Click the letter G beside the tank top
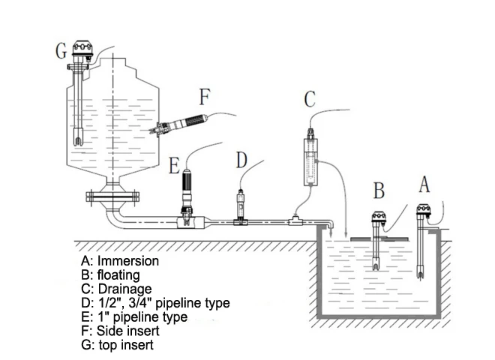[x=61, y=51]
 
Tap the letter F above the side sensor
[x=205, y=97]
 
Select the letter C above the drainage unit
[x=310, y=99]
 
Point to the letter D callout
[x=241, y=160]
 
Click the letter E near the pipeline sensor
[x=174, y=166]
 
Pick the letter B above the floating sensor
[x=379, y=190]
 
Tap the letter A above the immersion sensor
[x=424, y=184]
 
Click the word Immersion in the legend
[x=127, y=261]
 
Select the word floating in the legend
[x=118, y=275]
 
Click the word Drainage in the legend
[x=125, y=289]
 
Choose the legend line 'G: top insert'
[x=117, y=345]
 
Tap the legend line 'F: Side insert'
[x=120, y=331]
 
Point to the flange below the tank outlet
[x=112, y=197]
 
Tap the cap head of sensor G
[x=82, y=48]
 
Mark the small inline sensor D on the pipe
[x=241, y=206]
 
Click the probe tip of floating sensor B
[x=375, y=266]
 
